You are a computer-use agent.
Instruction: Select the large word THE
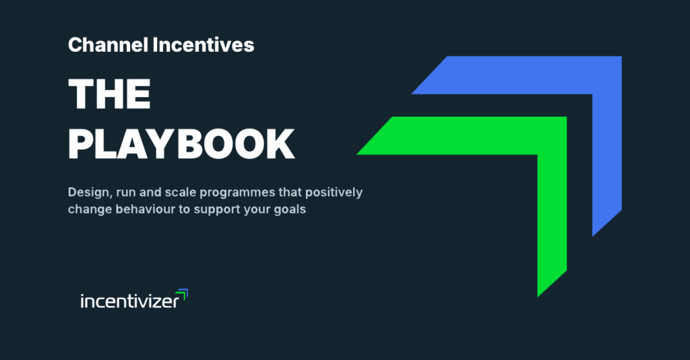109,94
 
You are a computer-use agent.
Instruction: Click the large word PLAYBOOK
181,142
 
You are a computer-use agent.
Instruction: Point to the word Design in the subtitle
87,193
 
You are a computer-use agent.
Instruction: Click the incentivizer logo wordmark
129,301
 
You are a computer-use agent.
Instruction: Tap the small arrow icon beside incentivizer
182,294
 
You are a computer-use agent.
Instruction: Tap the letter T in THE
83,94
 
